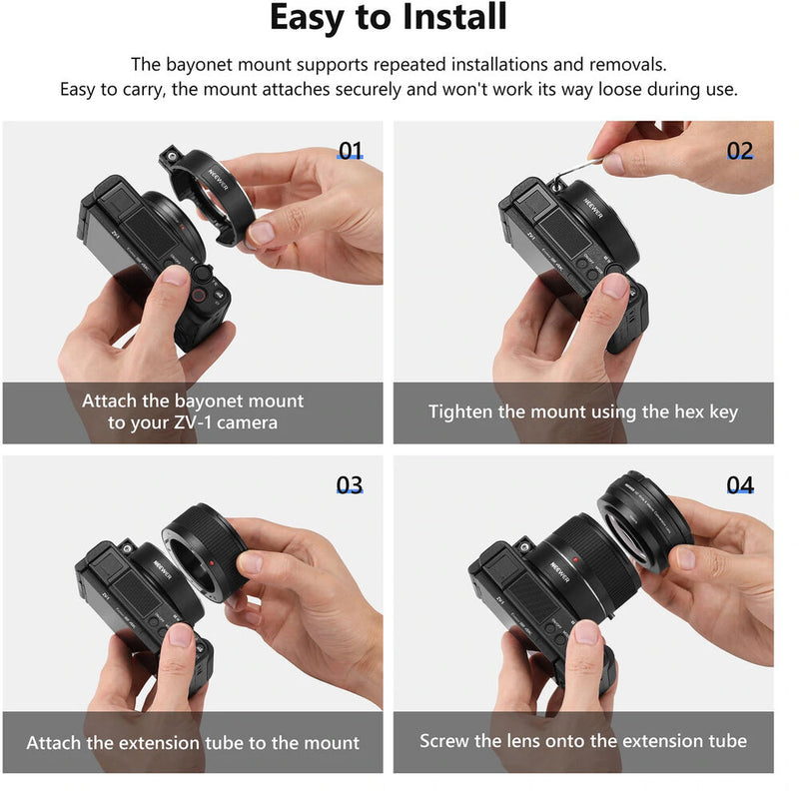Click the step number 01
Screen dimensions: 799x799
(x=350, y=152)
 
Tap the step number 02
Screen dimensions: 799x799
(x=739, y=152)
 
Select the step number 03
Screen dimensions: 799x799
(x=350, y=485)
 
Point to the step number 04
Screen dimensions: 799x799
(x=739, y=485)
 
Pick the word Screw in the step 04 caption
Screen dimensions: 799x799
(x=446, y=741)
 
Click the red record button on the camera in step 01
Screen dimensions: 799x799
(x=199, y=295)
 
